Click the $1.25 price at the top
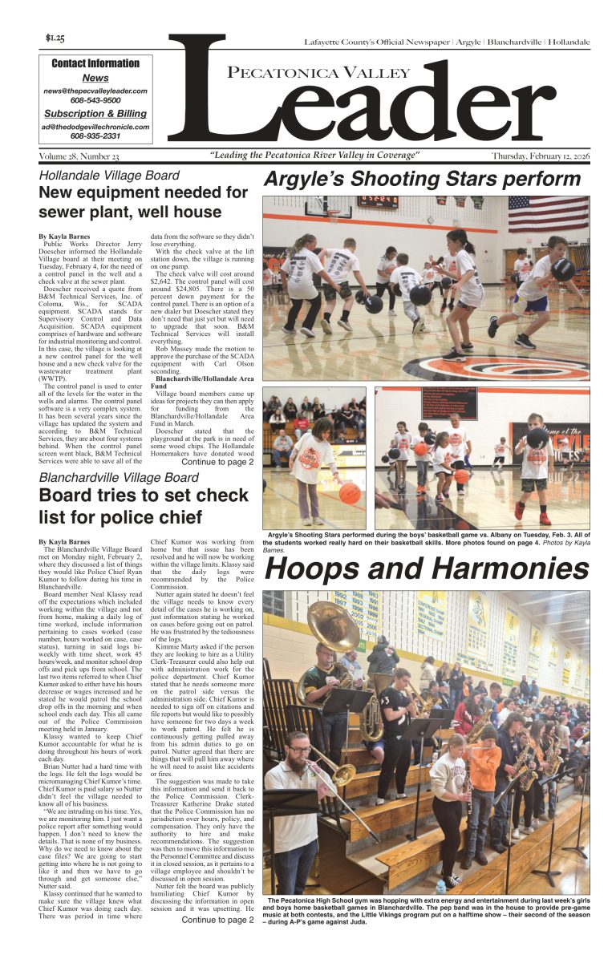pyautogui.click(x=55, y=38)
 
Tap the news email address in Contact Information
pyautogui.click(x=95, y=91)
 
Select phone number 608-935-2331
pyautogui.click(x=95, y=136)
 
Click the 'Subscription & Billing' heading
pyautogui.click(x=95, y=114)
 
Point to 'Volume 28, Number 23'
pyautogui.click(x=79, y=156)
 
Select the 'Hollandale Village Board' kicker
pyautogui.click(x=109, y=176)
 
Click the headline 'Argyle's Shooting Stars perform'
pyautogui.click(x=422, y=179)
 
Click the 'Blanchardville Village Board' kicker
pyautogui.click(x=119, y=478)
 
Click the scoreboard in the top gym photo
pyautogui.click(x=378, y=204)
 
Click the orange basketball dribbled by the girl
pyautogui.click(x=350, y=492)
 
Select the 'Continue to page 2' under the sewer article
pyautogui.click(x=217, y=462)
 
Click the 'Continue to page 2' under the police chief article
pyautogui.click(x=217, y=920)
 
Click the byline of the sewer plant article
pyautogui.click(x=64, y=237)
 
